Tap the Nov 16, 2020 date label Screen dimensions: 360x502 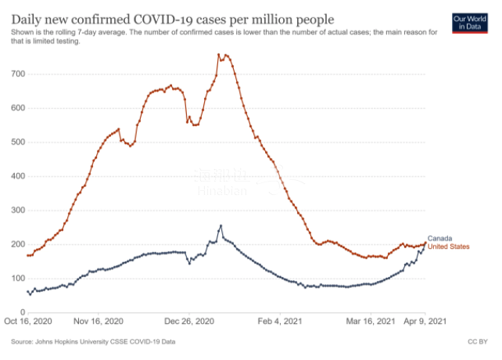99,322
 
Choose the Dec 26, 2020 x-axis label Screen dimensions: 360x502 190,322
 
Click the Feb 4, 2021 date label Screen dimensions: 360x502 279,322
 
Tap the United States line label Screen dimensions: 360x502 450,247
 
